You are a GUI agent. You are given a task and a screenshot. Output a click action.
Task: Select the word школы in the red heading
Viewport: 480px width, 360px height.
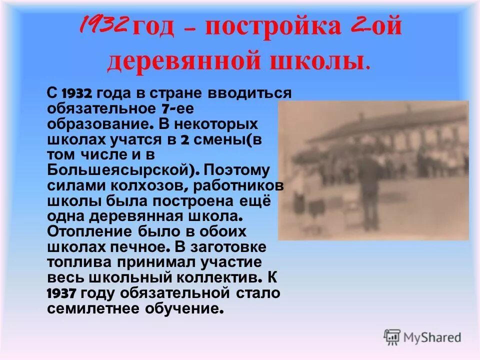point(319,61)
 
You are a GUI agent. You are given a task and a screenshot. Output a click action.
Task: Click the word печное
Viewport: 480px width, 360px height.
point(141,247)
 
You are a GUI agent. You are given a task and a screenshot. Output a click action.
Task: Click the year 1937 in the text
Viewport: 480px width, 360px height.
point(61,293)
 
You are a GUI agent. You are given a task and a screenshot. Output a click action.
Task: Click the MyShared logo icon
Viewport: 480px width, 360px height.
point(392,337)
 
